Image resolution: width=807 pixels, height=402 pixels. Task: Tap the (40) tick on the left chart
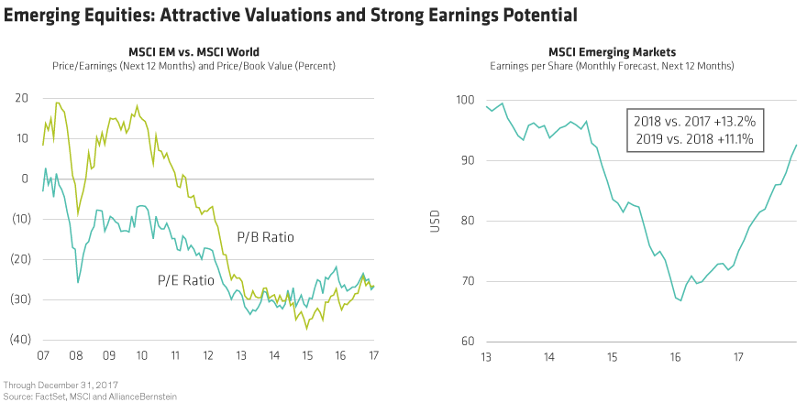click(x=17, y=341)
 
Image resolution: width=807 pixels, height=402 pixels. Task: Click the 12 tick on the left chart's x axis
click(x=209, y=355)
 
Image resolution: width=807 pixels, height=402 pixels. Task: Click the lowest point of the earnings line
click(x=680, y=300)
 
